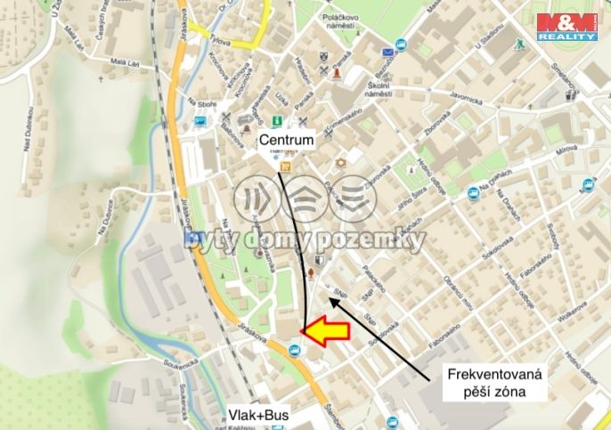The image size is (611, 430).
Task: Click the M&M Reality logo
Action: [566, 27]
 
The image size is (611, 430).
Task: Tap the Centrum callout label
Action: [288, 140]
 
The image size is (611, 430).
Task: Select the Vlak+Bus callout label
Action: [258, 415]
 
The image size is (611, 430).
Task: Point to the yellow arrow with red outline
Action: [323, 331]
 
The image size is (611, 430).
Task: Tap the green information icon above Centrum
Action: [278, 120]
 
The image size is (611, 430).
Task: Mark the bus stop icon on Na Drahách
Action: [473, 193]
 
